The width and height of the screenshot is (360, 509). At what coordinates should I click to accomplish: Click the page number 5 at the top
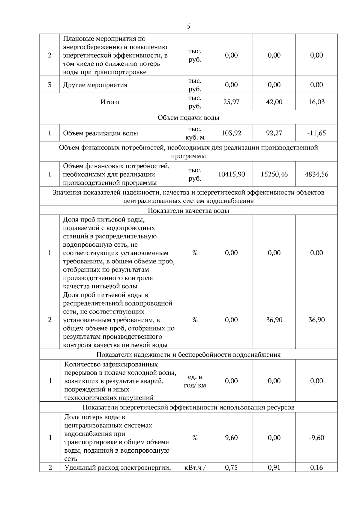pyautogui.click(x=188, y=26)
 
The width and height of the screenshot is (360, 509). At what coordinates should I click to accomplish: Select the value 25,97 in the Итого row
pyautogui.click(x=231, y=102)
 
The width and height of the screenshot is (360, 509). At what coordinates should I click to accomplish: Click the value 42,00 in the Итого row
pyautogui.click(x=274, y=102)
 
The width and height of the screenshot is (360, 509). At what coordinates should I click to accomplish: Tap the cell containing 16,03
pyautogui.click(x=316, y=102)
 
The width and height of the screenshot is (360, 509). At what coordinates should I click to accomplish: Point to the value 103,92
pyautogui.click(x=231, y=133)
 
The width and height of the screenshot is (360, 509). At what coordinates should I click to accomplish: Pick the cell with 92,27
pyautogui.click(x=274, y=133)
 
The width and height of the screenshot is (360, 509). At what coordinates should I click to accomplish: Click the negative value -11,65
pyautogui.click(x=316, y=133)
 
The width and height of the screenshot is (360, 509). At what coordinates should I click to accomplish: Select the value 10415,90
pyautogui.click(x=231, y=174)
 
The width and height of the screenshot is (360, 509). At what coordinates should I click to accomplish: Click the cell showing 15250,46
pyautogui.click(x=274, y=174)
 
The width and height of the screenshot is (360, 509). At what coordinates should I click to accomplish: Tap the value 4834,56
pyautogui.click(x=316, y=174)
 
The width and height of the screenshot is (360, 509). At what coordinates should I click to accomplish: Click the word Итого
pyautogui.click(x=109, y=102)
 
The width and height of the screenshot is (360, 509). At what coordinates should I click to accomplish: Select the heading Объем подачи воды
pyautogui.click(x=188, y=118)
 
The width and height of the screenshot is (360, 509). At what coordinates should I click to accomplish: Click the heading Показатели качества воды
pyautogui.click(x=188, y=211)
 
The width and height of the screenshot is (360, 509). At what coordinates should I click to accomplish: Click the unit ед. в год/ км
pyautogui.click(x=195, y=381)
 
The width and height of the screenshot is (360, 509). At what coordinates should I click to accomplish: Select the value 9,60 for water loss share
pyautogui.click(x=231, y=438)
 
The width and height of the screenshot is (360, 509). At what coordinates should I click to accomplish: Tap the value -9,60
pyautogui.click(x=316, y=438)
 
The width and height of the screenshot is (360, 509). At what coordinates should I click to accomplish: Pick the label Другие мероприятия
pyautogui.click(x=95, y=85)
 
